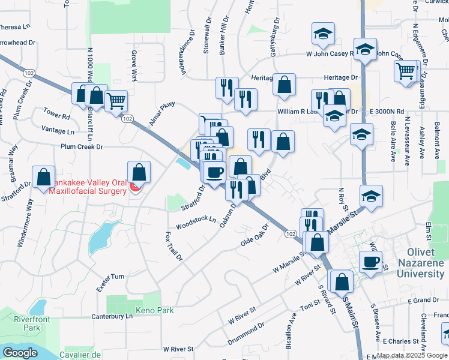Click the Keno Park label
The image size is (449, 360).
[x=155, y=311]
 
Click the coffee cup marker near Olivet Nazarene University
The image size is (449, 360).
[x=371, y=262]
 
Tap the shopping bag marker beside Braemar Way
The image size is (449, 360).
[x=44, y=177]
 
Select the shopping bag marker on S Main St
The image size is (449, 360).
[x=342, y=280]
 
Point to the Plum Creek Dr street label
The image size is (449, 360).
[x=82, y=146]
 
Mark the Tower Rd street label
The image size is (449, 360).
[x=57, y=112]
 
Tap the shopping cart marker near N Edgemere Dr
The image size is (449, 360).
[x=405, y=71]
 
